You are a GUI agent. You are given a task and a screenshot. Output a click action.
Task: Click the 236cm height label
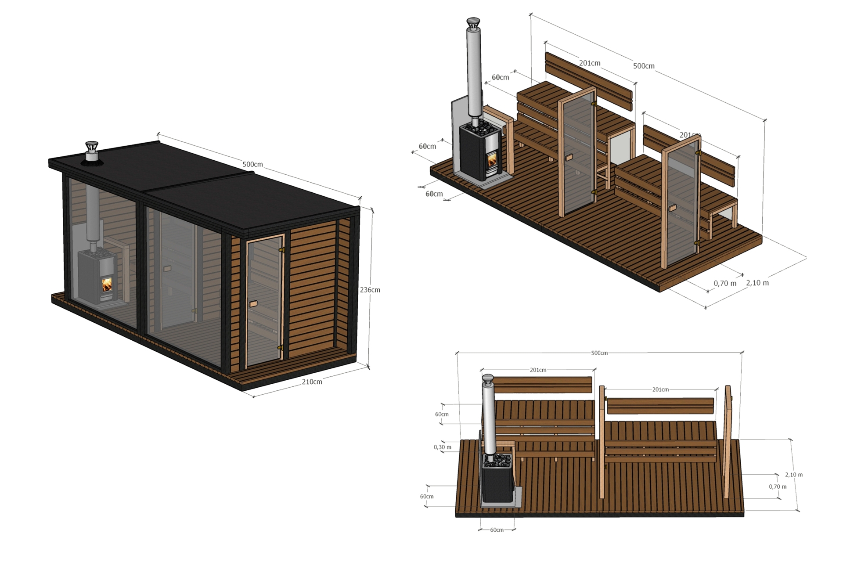(370, 290)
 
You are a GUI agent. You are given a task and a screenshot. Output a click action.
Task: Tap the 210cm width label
(312, 382)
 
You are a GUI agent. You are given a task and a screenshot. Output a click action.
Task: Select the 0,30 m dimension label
(442, 447)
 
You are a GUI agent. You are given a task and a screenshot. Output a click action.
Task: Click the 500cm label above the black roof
(252, 164)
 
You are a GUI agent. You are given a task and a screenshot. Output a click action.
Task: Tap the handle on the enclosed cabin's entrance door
(253, 304)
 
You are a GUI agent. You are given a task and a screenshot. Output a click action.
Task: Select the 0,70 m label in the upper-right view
(725, 283)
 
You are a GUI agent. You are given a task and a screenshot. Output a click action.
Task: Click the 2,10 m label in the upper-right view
(757, 283)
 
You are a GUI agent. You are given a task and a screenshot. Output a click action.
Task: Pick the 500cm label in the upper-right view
(644, 66)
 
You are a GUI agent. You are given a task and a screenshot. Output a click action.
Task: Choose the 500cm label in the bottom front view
(599, 353)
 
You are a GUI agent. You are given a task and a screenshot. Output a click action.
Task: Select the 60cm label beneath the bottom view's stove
(497, 530)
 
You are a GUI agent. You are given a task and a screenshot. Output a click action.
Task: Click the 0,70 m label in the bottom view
(778, 486)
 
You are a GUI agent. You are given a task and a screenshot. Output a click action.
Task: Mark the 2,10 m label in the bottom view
(794, 475)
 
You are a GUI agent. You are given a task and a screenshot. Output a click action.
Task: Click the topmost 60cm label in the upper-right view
(500, 77)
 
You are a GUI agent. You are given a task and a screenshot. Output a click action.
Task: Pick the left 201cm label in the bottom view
(538, 370)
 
